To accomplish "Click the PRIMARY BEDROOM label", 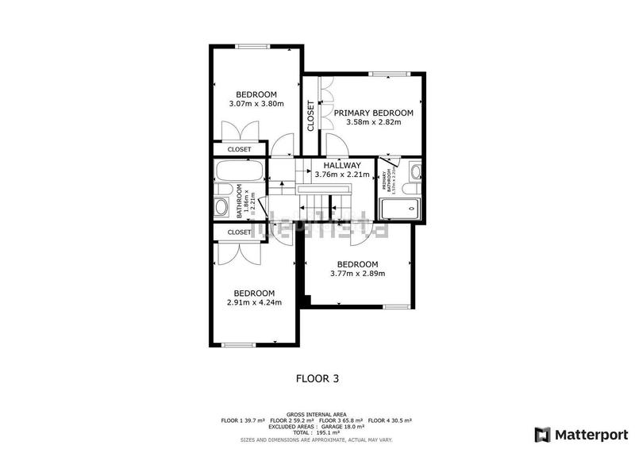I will point(373,113).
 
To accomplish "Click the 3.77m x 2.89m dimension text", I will point(357,274).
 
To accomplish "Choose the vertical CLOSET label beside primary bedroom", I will point(311,115).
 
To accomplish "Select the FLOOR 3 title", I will point(317,378).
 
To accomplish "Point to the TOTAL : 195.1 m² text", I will point(317,433).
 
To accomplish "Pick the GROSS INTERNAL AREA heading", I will point(317,414).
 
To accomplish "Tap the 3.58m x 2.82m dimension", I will point(373,122).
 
